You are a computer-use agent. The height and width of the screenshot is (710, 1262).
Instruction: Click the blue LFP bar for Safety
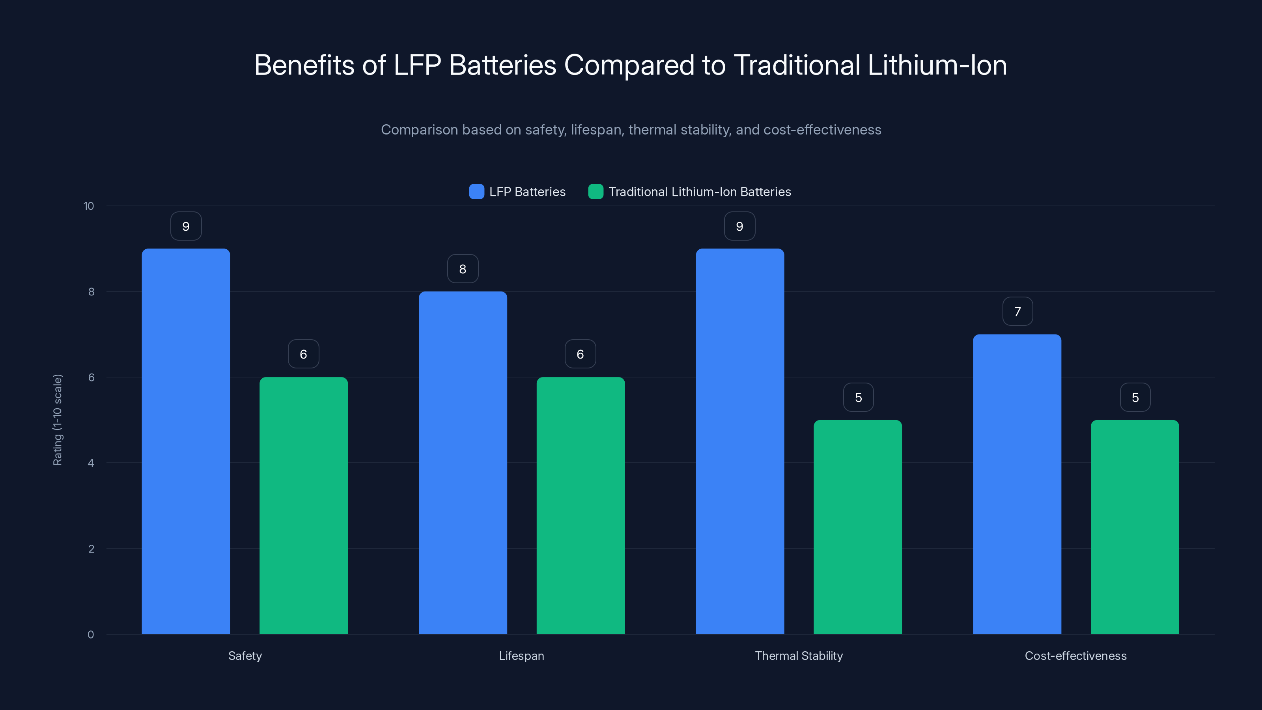coord(186,441)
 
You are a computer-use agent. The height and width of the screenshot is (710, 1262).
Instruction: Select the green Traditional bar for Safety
coord(303,505)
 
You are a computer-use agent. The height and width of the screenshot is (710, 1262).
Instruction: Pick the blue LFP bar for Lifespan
coord(463,463)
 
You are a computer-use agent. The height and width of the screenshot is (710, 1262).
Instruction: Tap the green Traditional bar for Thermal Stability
coord(857,527)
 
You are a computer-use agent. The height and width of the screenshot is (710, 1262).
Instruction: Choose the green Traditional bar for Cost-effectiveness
coord(1135,527)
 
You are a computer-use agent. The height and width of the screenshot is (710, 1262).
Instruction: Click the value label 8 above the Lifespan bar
coord(463,269)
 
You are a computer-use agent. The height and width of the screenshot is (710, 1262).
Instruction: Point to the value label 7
coord(1017,311)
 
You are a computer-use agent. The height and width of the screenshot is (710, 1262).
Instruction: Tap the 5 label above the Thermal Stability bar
coord(858,397)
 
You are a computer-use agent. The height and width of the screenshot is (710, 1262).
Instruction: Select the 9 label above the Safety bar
coord(186,226)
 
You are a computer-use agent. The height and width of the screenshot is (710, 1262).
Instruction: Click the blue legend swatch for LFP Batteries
coord(476,192)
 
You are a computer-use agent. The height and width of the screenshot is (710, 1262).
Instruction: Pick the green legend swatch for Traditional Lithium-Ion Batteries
coord(595,192)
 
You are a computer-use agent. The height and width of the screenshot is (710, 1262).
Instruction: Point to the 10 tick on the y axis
coord(89,206)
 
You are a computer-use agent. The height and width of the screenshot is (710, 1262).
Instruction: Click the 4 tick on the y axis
coord(91,463)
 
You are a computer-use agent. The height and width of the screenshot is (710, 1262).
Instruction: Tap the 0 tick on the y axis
coord(91,635)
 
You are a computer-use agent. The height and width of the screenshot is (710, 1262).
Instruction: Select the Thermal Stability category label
coord(799,656)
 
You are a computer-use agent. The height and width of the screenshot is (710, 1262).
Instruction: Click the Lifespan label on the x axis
coord(521,656)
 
